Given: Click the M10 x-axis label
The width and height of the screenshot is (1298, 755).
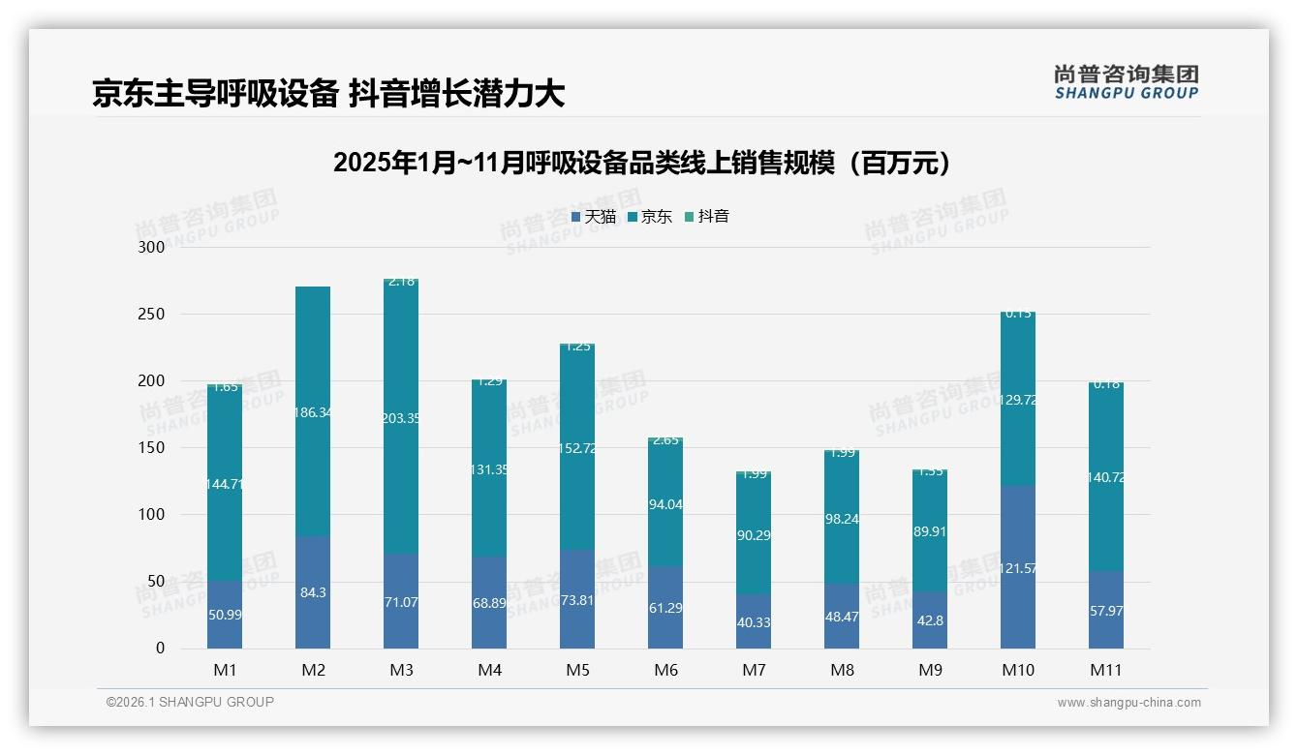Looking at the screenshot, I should click(x=1017, y=670).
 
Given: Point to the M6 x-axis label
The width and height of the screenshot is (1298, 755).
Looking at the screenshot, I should click(x=665, y=670).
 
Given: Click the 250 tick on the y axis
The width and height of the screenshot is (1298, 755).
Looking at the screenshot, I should click(x=152, y=315).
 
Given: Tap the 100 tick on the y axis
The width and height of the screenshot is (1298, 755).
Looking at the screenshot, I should click(x=152, y=515).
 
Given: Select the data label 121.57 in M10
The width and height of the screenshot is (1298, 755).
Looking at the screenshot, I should click(x=1017, y=568).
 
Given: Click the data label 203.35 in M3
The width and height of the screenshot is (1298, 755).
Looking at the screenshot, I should click(x=401, y=418).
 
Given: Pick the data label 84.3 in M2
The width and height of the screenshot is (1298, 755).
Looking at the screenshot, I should click(x=313, y=592).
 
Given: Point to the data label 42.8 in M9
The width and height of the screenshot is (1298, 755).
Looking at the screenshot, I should click(x=930, y=620).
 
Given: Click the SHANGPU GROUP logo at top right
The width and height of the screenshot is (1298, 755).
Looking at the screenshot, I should click(x=1126, y=82).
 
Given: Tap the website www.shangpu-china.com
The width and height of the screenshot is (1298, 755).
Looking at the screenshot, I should click(x=1128, y=703).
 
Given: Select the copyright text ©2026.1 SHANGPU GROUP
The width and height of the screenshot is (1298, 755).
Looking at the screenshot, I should click(x=190, y=702).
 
